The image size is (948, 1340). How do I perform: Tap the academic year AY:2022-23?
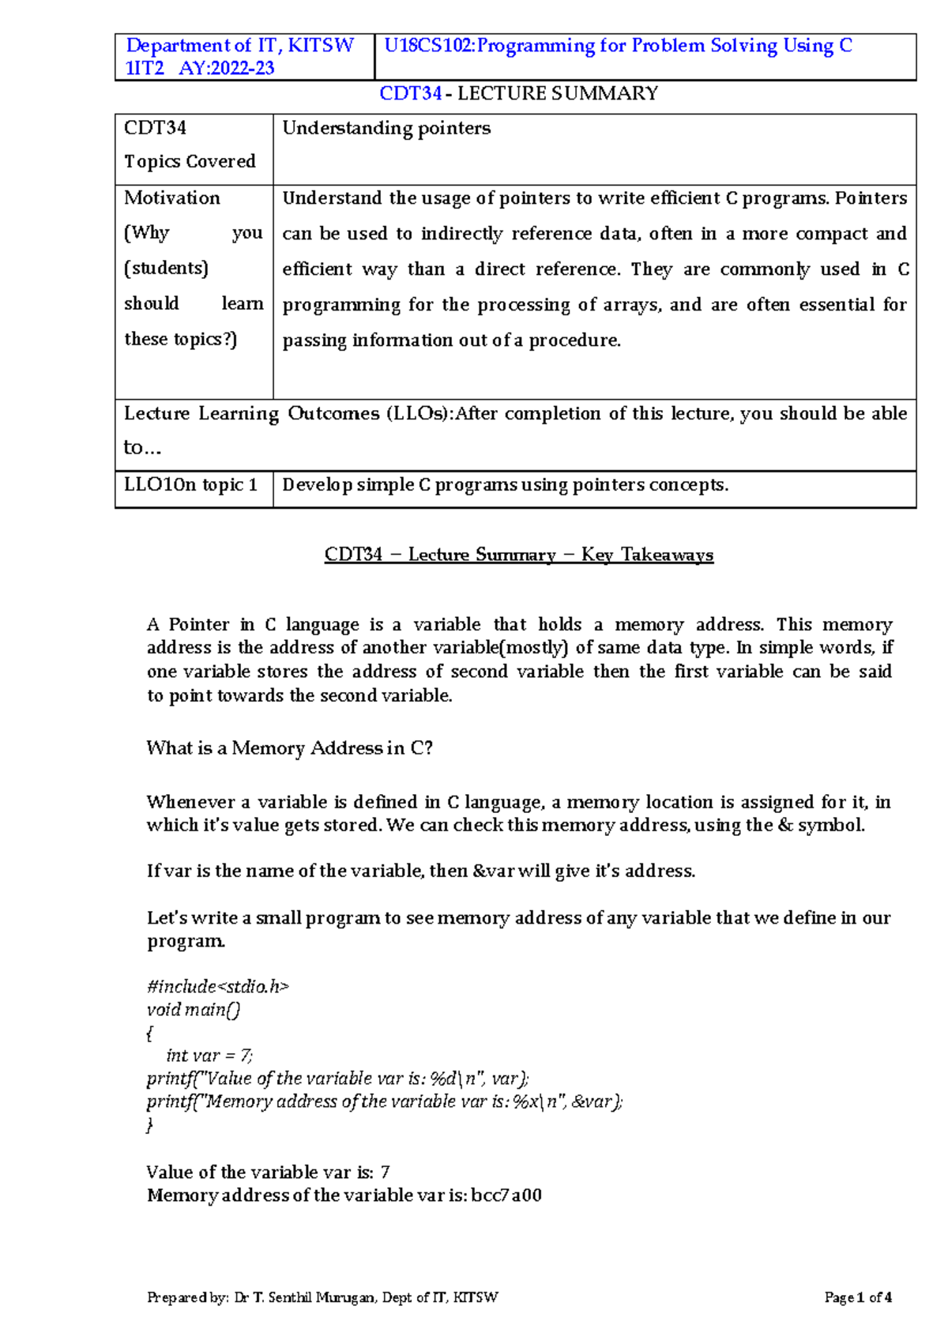click(227, 68)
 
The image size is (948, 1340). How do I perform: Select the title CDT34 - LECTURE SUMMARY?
click(518, 93)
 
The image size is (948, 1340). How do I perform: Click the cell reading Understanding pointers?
click(386, 128)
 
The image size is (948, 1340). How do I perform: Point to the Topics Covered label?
click(190, 161)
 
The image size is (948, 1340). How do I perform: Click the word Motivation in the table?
click(172, 198)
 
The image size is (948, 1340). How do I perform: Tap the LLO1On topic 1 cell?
click(190, 484)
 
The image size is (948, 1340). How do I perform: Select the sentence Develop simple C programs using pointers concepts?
click(505, 484)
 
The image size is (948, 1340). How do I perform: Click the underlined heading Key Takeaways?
click(647, 555)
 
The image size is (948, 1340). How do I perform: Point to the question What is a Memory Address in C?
click(289, 748)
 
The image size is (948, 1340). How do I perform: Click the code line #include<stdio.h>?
click(217, 986)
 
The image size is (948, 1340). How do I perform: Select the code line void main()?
click(194, 1009)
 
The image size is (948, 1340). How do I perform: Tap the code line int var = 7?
click(209, 1056)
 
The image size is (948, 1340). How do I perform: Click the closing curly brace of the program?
click(149, 1124)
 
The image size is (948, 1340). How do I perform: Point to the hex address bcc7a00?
click(506, 1195)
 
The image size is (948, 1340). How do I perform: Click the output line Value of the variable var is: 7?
click(268, 1172)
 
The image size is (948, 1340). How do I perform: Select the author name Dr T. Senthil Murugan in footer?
click(305, 1297)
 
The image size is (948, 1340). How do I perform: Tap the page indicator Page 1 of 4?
click(858, 1297)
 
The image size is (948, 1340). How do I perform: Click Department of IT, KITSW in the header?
click(240, 46)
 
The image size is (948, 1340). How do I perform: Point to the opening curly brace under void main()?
click(149, 1033)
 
